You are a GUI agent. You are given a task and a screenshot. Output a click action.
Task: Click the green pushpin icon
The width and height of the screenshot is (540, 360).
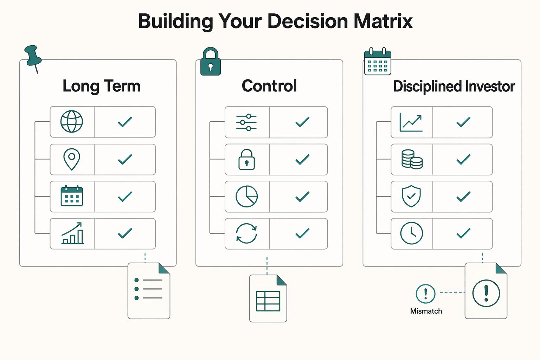pos(33,57)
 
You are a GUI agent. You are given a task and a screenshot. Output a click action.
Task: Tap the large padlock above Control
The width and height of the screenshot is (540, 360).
pos(211,62)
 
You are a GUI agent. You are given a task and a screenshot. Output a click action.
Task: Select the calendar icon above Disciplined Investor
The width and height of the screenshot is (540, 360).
pos(378,62)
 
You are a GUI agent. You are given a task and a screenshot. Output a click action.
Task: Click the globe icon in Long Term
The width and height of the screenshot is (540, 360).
pos(72,122)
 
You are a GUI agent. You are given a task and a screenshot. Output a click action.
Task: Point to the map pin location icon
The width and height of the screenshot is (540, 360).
pos(72,159)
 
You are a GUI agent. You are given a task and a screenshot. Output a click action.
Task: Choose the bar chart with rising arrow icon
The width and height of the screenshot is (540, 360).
pos(72,233)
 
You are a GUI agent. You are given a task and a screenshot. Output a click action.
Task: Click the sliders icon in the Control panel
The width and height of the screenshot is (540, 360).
pos(246,122)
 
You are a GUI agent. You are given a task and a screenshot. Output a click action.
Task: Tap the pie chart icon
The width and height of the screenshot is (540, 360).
pos(246,196)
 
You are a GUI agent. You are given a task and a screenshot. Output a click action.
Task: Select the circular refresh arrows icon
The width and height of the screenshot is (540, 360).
pos(246,233)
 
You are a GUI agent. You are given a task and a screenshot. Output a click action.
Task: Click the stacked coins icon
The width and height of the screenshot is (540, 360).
pos(412,159)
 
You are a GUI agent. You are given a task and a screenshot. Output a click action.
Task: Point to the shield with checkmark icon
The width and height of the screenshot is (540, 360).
pos(411,196)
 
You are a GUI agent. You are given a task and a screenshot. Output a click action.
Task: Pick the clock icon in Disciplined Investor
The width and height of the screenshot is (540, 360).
pos(412,233)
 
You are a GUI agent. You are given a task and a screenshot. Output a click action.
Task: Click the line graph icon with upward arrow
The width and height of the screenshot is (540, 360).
pos(411,122)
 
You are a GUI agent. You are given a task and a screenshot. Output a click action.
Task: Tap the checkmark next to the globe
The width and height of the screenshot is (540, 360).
pos(125,122)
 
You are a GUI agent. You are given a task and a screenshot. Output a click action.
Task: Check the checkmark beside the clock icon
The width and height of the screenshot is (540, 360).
pos(463,233)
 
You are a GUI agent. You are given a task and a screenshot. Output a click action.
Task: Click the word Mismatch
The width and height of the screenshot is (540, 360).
pos(426,311)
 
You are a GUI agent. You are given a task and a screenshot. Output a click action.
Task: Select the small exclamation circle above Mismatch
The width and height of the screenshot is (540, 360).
pos(425,294)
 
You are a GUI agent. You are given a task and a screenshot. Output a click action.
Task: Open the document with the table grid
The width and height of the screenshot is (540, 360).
pos(268,298)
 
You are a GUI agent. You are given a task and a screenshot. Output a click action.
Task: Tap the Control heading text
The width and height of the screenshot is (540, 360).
pos(269,86)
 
